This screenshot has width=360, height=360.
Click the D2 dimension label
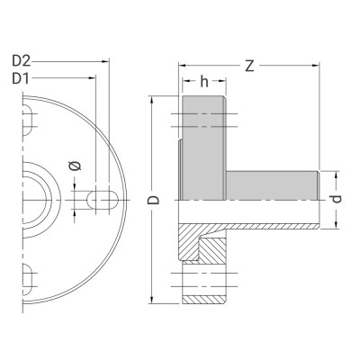coord(22,61)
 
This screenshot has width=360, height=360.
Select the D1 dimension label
coord(22,79)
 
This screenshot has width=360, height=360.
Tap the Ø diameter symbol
coord(75,166)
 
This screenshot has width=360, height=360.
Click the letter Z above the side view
coord(249,65)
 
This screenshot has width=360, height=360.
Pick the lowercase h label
coord(204,83)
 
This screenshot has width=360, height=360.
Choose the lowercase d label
coord(335,199)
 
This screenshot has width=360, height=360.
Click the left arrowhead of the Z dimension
coord(182,65)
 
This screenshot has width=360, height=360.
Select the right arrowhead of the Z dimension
coord(318,65)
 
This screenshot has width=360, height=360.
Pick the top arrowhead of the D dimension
coord(155,98)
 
